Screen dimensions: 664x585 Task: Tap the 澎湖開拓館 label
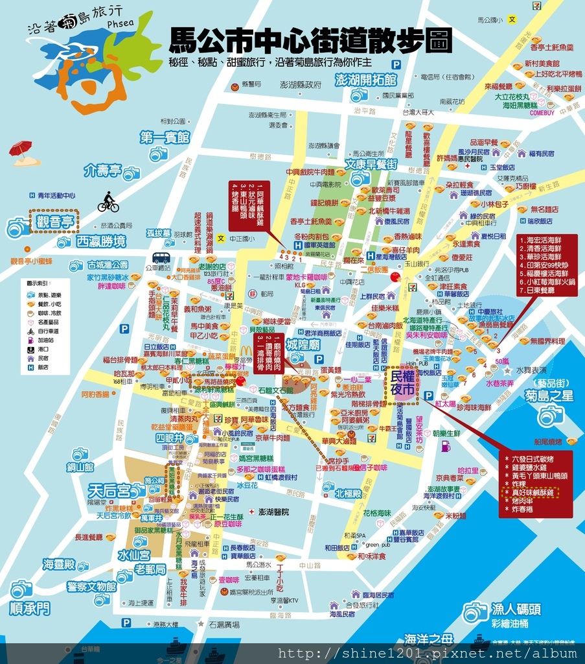[x=365, y=80]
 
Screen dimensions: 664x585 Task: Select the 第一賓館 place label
[x=165, y=137]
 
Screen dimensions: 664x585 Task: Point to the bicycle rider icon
[x=108, y=202]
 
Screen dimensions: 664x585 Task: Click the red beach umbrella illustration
[x=21, y=150]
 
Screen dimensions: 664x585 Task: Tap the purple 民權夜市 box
[x=402, y=383]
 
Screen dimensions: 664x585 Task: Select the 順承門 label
[x=29, y=608]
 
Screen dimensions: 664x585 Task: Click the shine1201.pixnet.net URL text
[x=428, y=653]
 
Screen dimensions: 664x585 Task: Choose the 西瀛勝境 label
[x=100, y=242]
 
